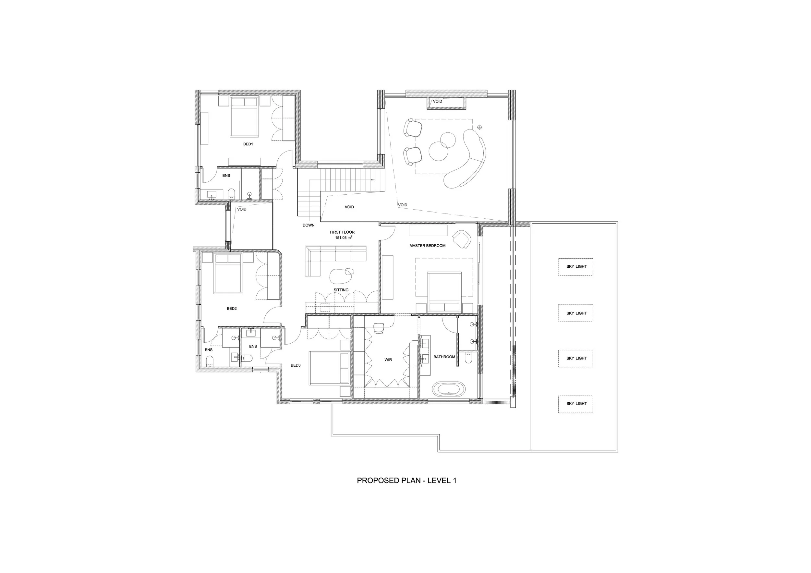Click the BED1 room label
pyautogui.click(x=248, y=144)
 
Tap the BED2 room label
pyautogui.click(x=232, y=309)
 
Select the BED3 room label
pyautogui.click(x=296, y=365)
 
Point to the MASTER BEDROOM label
pyautogui.click(x=428, y=246)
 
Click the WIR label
pyautogui.click(x=388, y=360)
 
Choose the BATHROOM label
pyautogui.click(x=444, y=357)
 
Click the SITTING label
pyautogui.click(x=341, y=290)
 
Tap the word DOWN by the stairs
pyautogui.click(x=309, y=225)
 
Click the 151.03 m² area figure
pyautogui.click(x=343, y=238)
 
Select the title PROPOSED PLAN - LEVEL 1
pyautogui.click(x=406, y=481)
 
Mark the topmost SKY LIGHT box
pyautogui.click(x=576, y=267)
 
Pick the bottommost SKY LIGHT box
pyautogui.click(x=576, y=404)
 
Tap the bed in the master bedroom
pyautogui.click(x=444, y=292)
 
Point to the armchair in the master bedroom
pyautogui.click(x=461, y=239)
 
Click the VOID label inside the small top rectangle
pyautogui.click(x=438, y=101)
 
